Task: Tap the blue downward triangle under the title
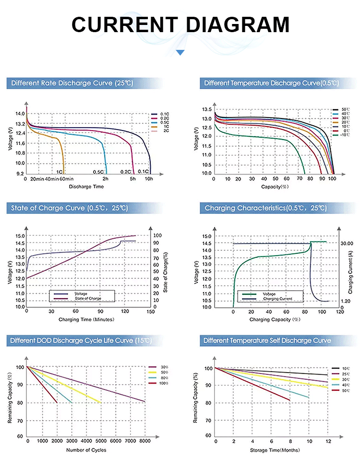[x=180, y=53]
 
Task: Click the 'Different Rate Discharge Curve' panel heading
[x=72, y=83]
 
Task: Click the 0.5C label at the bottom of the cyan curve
[x=98, y=172]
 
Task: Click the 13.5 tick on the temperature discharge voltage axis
[x=206, y=110]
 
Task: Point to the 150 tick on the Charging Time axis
[x=151, y=311]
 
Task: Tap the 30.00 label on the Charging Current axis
[x=347, y=243]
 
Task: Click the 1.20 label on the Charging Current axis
[x=346, y=301]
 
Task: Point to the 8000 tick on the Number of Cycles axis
[x=144, y=441]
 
